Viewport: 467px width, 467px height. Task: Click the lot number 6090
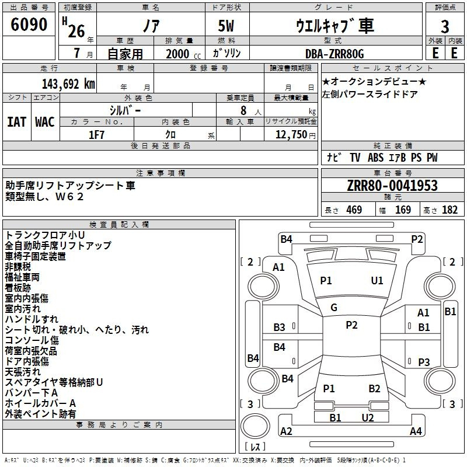click(x=29, y=25)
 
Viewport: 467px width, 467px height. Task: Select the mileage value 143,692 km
click(x=68, y=84)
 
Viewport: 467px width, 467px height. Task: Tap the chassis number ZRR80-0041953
click(x=392, y=186)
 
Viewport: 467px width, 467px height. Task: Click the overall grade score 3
click(x=445, y=27)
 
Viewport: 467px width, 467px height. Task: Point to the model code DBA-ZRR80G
click(x=334, y=54)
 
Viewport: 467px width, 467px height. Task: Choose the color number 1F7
click(x=96, y=135)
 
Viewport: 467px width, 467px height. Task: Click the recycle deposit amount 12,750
click(x=291, y=135)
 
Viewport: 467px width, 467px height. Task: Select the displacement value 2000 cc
click(x=183, y=54)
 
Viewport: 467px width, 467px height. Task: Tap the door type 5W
click(x=226, y=26)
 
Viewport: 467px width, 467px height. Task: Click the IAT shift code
click(x=16, y=122)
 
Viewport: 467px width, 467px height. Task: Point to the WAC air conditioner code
click(x=45, y=122)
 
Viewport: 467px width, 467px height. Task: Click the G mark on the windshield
click(x=334, y=308)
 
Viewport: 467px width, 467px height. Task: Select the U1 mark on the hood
click(x=377, y=281)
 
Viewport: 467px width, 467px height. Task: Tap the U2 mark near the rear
click(x=368, y=418)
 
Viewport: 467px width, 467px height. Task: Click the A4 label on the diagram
click(x=416, y=431)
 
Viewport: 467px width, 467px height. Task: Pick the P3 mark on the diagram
click(x=424, y=363)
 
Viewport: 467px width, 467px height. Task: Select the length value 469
click(x=354, y=210)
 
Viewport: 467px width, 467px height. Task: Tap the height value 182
click(x=449, y=210)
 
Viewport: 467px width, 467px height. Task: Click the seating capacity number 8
click(x=243, y=110)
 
